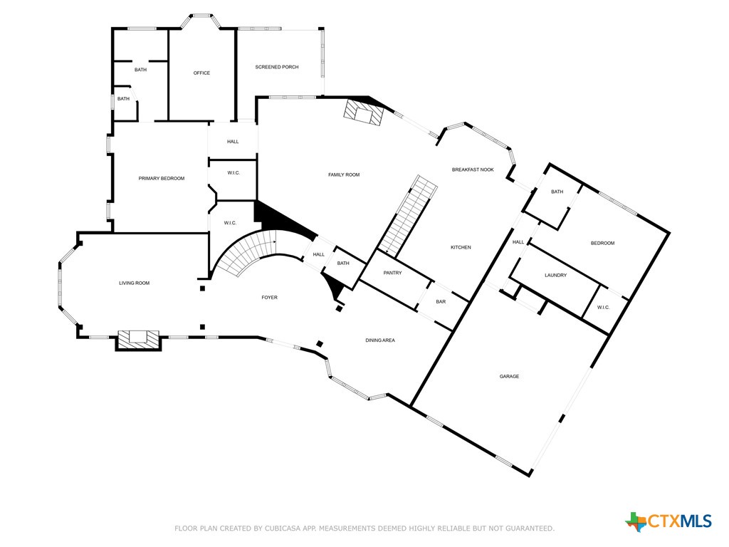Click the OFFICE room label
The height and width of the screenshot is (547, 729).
[x=201, y=73]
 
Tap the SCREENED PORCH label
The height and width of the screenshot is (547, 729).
[x=277, y=67]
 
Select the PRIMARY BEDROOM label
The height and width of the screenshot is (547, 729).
[x=162, y=178]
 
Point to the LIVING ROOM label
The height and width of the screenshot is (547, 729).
[x=134, y=283]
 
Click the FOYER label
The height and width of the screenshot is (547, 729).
[x=269, y=297]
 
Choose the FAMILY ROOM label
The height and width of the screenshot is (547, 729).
[x=344, y=174]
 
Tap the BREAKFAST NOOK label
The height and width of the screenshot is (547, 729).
[x=473, y=170]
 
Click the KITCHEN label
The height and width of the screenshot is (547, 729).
[x=461, y=247]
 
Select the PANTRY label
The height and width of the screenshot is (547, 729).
[x=392, y=273]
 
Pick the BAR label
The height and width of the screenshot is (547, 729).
[x=441, y=302]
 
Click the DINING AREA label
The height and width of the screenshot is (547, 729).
[x=380, y=340]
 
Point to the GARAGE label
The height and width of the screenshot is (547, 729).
[x=509, y=376]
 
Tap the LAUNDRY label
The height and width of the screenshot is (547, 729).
[x=555, y=275]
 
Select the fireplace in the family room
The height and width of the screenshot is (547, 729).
[x=363, y=113]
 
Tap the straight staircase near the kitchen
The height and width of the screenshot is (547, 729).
[x=408, y=217]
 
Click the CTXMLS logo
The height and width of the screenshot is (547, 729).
[x=668, y=521]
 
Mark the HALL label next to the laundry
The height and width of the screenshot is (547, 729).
[x=518, y=242]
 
